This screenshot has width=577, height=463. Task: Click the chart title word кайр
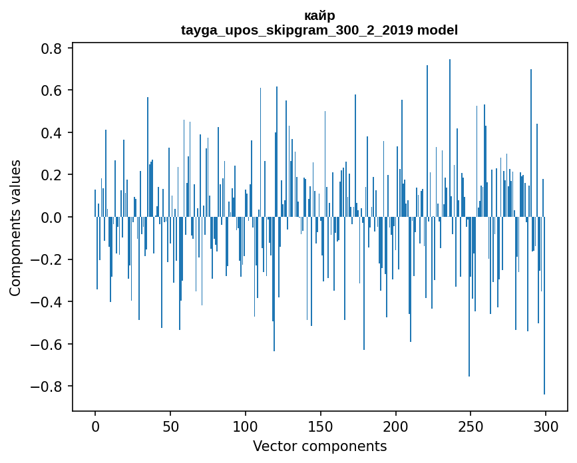pos(319,15)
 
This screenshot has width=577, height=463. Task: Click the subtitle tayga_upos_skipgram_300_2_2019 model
pos(319,30)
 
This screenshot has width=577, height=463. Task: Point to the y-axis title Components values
pos(15,228)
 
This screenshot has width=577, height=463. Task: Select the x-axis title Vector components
pos(319,446)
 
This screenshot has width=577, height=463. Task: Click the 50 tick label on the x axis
pos(170,426)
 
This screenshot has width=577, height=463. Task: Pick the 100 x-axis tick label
pos(246,426)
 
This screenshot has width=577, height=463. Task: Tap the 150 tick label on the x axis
pos(321,426)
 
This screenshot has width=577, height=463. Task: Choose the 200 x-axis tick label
pos(396,426)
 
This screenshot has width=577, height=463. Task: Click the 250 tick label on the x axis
pos(471,426)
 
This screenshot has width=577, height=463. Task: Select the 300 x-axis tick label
pos(546,426)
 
